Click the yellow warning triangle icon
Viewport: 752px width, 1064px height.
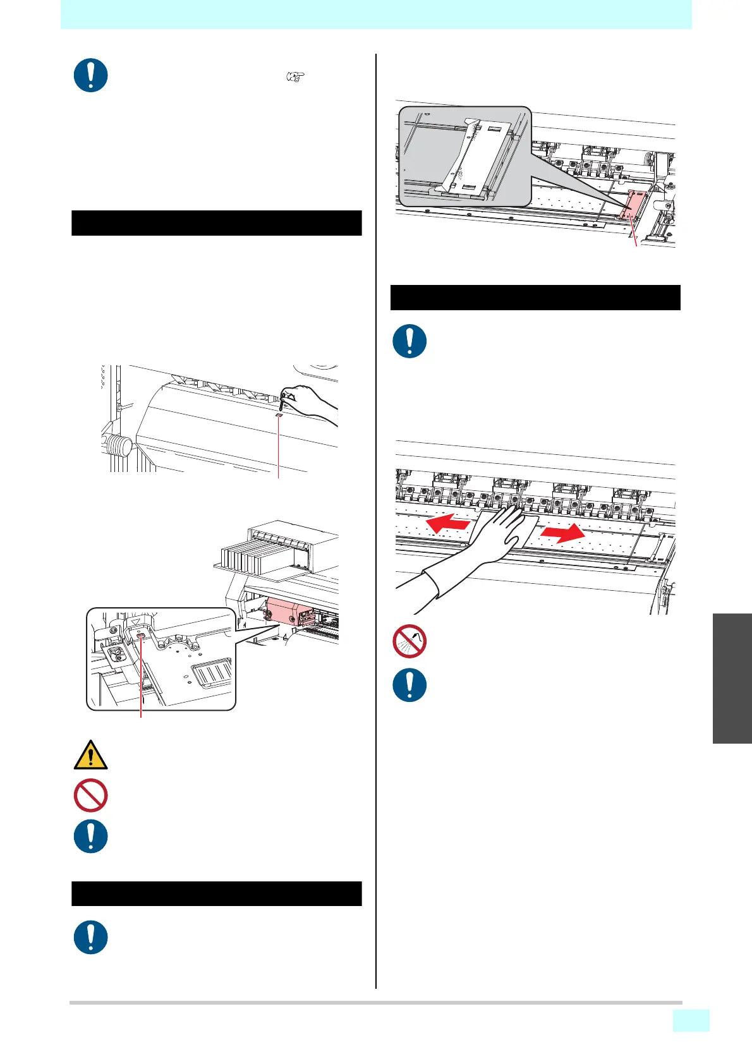90,756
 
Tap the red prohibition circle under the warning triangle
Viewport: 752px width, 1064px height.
90,796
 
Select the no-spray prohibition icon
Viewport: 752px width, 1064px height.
409,642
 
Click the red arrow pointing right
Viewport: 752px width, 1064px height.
562,533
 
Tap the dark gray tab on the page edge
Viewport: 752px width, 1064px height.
732,678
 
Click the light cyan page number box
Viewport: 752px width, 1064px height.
691,1020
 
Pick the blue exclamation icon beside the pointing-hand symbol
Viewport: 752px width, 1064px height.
90,76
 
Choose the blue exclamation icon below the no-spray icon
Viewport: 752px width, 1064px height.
409,685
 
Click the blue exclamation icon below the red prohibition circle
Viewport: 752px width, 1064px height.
90,837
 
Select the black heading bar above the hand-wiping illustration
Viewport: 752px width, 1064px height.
535,298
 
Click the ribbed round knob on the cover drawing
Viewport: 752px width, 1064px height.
118,449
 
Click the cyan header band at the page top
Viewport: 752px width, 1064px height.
376,14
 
